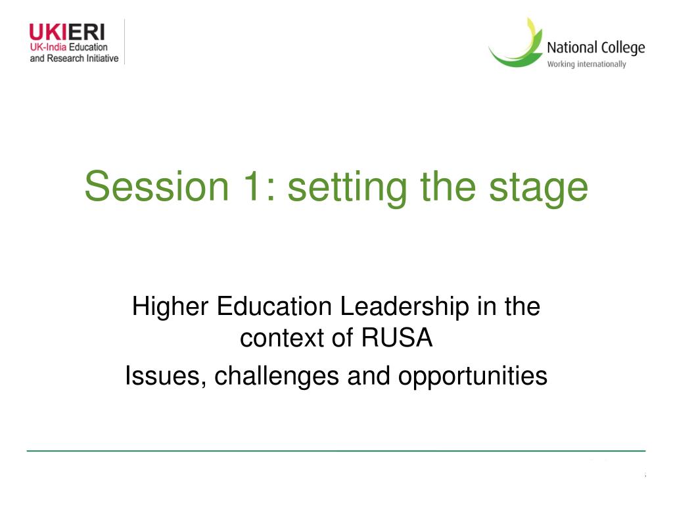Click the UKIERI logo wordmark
67,32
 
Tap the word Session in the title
156,186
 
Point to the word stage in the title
539,189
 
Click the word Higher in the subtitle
170,308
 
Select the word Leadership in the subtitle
404,308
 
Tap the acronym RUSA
396,337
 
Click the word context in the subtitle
282,339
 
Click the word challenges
277,377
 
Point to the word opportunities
473,377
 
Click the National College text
595,47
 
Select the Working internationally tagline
586,64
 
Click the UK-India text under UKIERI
48,47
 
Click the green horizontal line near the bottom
336,451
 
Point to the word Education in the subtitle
274,307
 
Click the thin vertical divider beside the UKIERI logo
124,41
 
